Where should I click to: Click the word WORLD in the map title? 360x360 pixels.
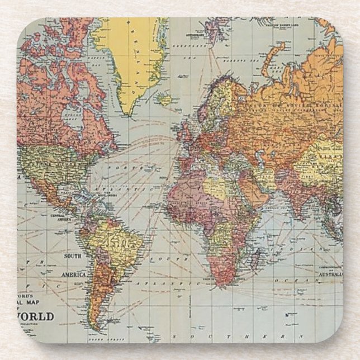[39, 317]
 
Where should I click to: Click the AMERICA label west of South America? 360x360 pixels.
[73, 274]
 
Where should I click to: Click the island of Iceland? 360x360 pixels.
[164, 100]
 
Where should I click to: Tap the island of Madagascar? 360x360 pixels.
[256, 258]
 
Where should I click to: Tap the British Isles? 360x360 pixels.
[185, 132]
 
